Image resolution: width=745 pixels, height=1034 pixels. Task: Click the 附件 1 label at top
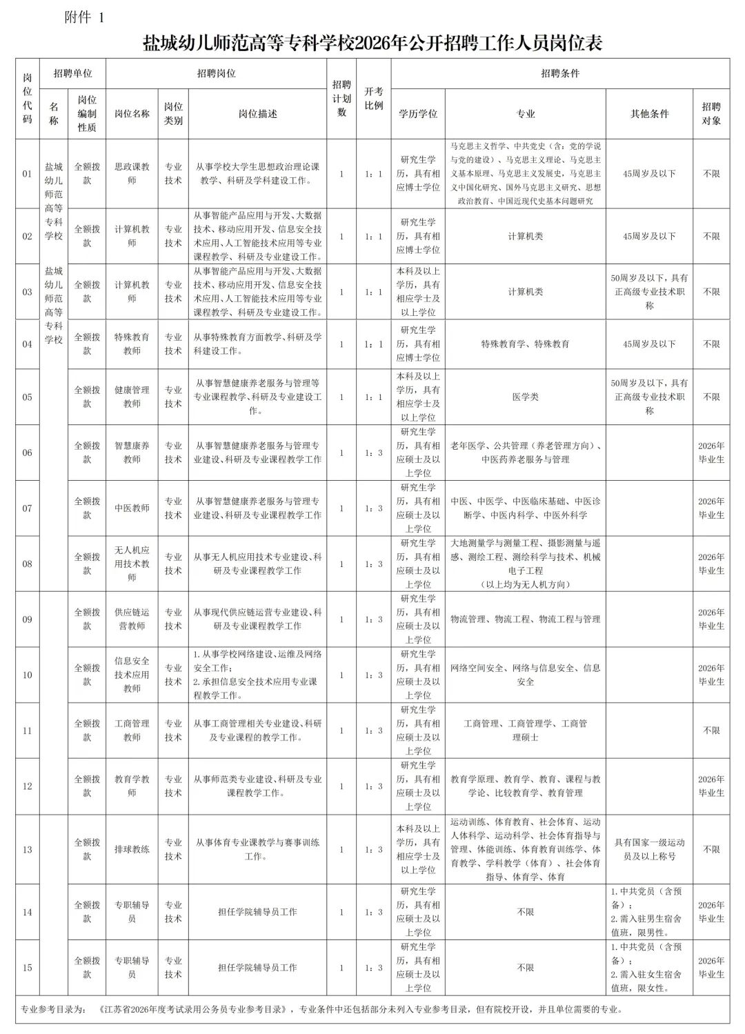[x=83, y=19]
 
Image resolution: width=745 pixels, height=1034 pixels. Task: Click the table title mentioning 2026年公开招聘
[x=372, y=43]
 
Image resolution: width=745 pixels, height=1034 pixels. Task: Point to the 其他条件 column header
[x=649, y=114]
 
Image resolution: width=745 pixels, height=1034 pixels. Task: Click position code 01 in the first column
[x=27, y=174]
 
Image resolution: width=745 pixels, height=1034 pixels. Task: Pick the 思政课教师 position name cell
[x=132, y=174]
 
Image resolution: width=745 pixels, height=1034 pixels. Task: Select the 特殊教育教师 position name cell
[x=132, y=344]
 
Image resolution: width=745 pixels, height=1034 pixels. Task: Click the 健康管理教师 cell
[x=132, y=397]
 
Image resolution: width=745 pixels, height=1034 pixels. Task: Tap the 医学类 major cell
[x=526, y=397]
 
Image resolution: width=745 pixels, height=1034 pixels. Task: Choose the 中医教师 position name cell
[x=132, y=508]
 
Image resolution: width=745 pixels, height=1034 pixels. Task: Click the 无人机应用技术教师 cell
[x=132, y=564]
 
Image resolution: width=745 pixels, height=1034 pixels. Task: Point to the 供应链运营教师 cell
[x=132, y=619]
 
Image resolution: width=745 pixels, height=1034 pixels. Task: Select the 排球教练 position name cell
[x=132, y=849]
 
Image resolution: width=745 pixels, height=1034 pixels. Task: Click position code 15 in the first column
[x=27, y=968]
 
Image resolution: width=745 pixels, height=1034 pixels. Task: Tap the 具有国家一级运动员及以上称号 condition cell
[x=649, y=849]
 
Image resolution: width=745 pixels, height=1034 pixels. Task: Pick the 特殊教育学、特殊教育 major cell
[x=526, y=344]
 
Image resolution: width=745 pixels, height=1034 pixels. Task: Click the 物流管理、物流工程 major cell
[x=526, y=619]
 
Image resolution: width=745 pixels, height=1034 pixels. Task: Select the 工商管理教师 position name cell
[x=132, y=730]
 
